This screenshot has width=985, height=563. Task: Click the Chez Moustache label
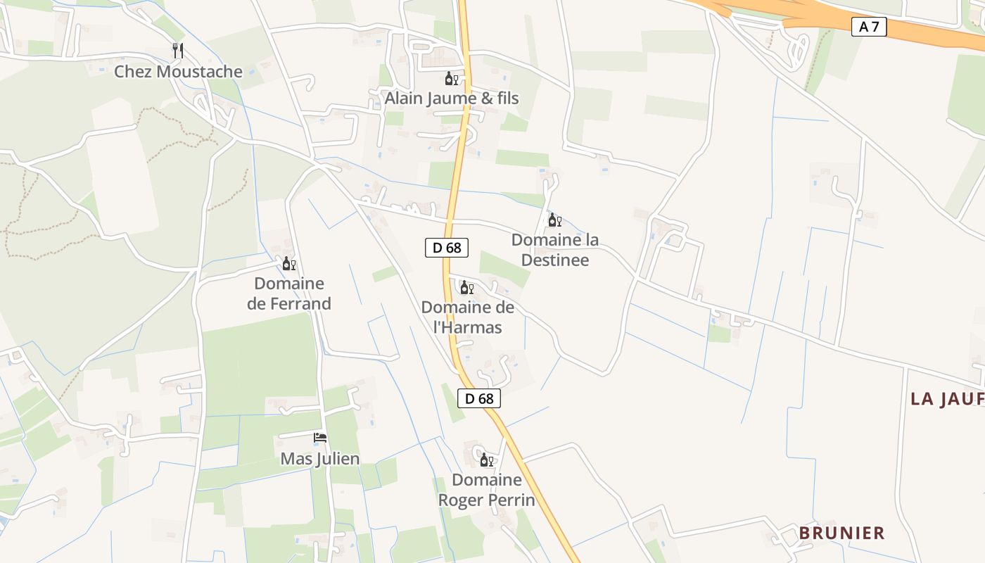point(178,72)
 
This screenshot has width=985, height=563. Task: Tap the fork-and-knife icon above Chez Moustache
point(178,51)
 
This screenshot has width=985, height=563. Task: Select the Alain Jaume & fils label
point(451,99)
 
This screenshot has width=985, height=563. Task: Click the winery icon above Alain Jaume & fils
point(451,79)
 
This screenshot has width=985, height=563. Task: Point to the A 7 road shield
point(869,27)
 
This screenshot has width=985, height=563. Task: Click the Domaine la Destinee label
point(555,250)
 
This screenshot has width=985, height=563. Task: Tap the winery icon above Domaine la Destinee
point(554,220)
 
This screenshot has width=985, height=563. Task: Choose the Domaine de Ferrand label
point(289,293)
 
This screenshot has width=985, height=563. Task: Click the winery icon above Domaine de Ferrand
point(288,264)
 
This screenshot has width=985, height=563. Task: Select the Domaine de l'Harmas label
point(467,317)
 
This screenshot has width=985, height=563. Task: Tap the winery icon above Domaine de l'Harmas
point(466,288)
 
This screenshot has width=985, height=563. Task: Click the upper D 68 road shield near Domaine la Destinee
point(447,248)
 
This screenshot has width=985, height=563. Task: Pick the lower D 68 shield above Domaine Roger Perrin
point(479,398)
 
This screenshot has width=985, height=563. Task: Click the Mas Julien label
point(320,459)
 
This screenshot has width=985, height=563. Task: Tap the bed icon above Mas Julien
point(320,438)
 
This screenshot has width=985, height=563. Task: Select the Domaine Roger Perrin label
point(487,490)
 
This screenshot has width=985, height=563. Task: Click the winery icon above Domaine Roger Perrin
point(486,461)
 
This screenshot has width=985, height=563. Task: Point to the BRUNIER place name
point(841,533)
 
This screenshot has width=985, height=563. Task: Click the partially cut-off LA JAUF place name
point(947,399)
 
